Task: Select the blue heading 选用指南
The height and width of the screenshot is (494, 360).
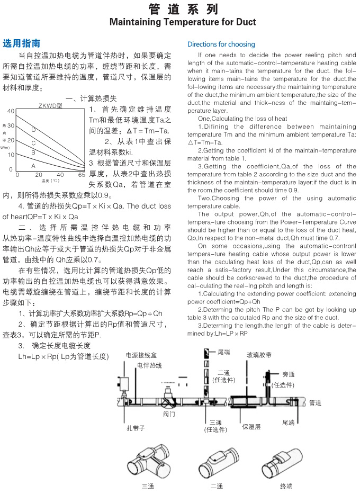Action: click(22, 43)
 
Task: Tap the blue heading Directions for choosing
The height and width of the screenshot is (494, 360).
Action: click(221, 44)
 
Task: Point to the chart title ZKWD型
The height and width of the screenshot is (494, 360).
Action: click(50, 105)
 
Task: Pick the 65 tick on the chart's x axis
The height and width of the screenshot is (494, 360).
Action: click(82, 174)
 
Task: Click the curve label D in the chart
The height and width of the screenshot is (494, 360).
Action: click(33, 130)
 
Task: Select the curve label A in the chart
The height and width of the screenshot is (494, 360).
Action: click(33, 165)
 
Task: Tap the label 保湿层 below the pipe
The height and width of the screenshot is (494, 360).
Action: click(251, 426)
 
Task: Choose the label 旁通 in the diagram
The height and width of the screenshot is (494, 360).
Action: click(289, 374)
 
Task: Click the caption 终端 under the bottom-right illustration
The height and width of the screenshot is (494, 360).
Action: click(286, 486)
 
